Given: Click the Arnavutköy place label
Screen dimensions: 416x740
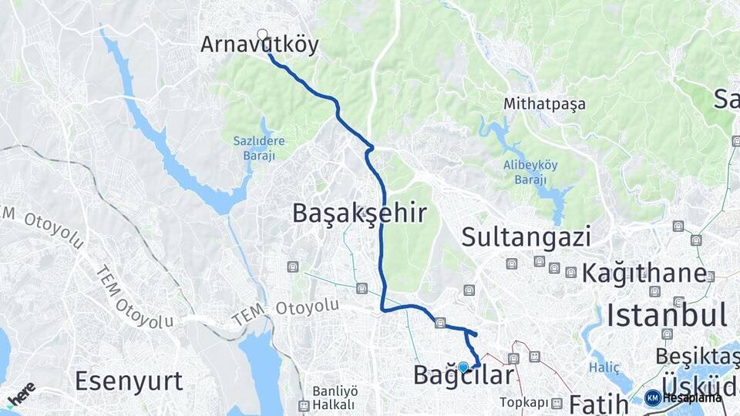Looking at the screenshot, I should pos(259,45).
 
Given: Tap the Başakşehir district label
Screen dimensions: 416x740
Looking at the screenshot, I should pos(358,213).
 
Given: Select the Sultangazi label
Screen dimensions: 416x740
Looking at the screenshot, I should pos(526,237).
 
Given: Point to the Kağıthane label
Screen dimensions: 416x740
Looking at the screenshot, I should pos(644,273).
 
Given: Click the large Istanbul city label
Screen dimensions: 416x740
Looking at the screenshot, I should pos(667,315).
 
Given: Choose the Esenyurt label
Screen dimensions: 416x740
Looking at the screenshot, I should pos(129,381).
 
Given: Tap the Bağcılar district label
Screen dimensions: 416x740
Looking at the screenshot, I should pos(463,376).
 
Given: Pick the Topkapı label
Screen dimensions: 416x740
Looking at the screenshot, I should pos(523,402).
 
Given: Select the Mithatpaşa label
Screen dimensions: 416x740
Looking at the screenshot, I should pos(544,103).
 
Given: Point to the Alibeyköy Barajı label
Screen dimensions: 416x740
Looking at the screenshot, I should pos(530,171).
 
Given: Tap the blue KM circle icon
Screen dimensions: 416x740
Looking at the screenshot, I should pos(652,398).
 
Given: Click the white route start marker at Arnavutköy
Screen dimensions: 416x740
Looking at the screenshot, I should pos(263,35).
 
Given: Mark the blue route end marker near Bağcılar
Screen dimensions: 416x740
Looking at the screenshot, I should pos(463,367).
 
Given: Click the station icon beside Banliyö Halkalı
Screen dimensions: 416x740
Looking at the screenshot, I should pos(304,405).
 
